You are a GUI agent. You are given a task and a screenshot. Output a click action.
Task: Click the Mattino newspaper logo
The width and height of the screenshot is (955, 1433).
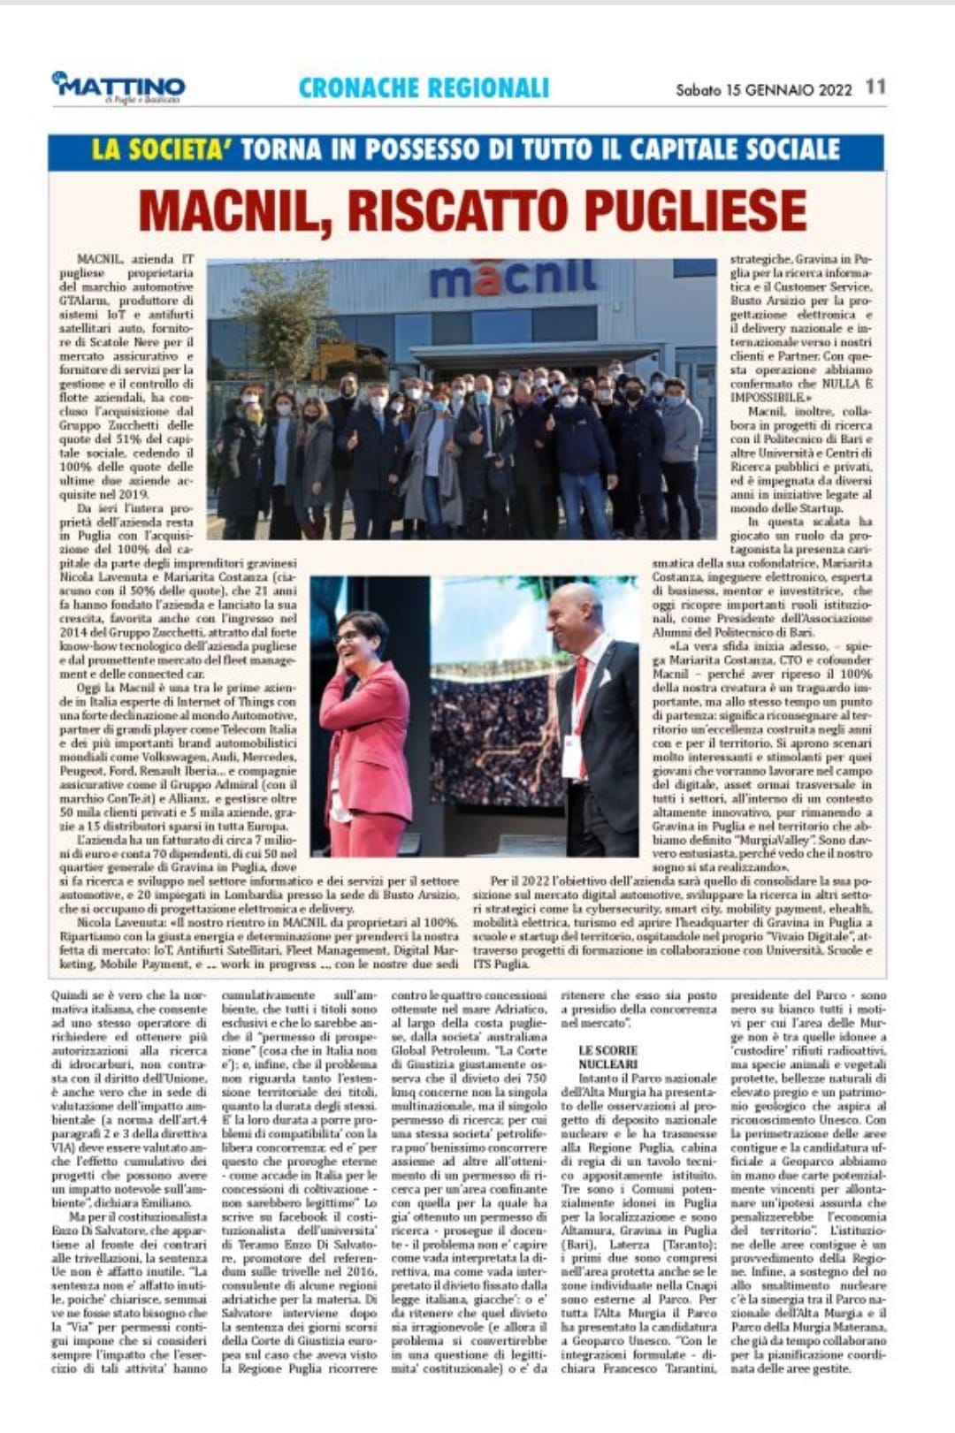(x=118, y=88)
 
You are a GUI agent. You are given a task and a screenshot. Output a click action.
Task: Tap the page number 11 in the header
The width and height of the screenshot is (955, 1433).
(x=875, y=87)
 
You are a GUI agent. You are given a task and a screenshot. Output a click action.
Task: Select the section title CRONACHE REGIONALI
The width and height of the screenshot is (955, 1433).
(x=424, y=88)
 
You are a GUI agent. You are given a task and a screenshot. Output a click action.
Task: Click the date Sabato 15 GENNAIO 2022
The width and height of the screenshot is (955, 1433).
(x=763, y=89)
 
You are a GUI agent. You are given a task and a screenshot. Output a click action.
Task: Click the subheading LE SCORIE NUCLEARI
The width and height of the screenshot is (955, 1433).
(x=608, y=1057)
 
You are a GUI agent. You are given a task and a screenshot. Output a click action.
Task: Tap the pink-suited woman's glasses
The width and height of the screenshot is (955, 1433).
(x=348, y=635)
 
